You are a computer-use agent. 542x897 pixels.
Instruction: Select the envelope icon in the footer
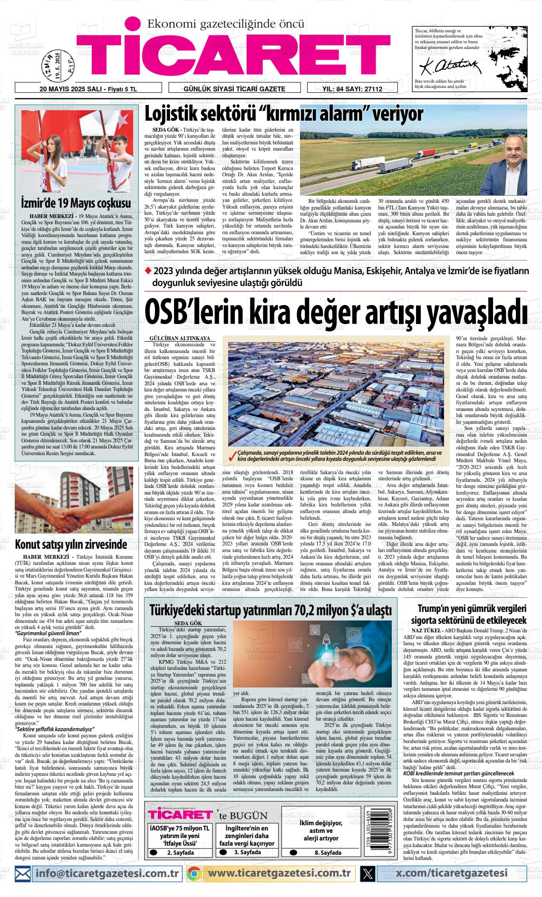pos(23,873)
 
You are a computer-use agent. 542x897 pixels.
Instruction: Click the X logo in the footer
pos(368,873)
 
